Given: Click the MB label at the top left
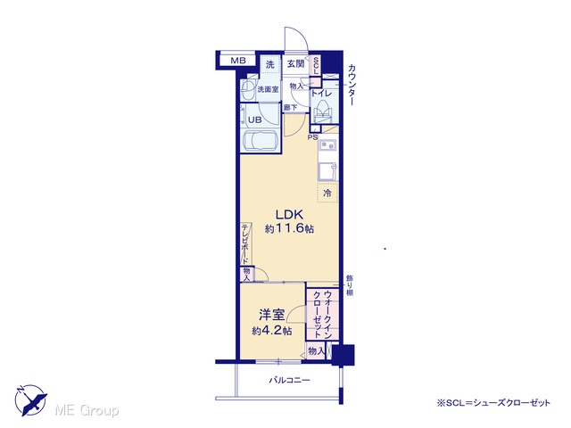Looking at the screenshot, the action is (238, 61).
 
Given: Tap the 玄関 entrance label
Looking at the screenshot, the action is (295, 63).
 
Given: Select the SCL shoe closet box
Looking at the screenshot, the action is (315, 66).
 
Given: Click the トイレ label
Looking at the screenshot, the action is (321, 93).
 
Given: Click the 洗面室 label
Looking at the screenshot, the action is (268, 89).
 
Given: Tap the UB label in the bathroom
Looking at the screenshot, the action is (254, 119).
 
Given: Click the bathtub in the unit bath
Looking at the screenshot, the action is (261, 141).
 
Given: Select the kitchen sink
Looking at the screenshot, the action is (328, 146).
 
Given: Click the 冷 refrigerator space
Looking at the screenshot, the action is (327, 193).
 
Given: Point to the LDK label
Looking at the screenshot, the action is (289, 214).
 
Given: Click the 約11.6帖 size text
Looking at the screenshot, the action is (289, 229).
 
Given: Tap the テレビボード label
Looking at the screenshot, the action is (245, 243).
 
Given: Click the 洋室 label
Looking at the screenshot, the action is (271, 315).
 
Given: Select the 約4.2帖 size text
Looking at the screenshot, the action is (271, 331).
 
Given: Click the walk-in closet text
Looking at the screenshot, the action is (322, 313).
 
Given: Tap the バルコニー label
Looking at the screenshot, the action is (289, 381).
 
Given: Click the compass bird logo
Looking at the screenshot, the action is (30, 400).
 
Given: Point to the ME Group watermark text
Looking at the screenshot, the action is (87, 410).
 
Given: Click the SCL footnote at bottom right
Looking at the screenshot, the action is (493, 402).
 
